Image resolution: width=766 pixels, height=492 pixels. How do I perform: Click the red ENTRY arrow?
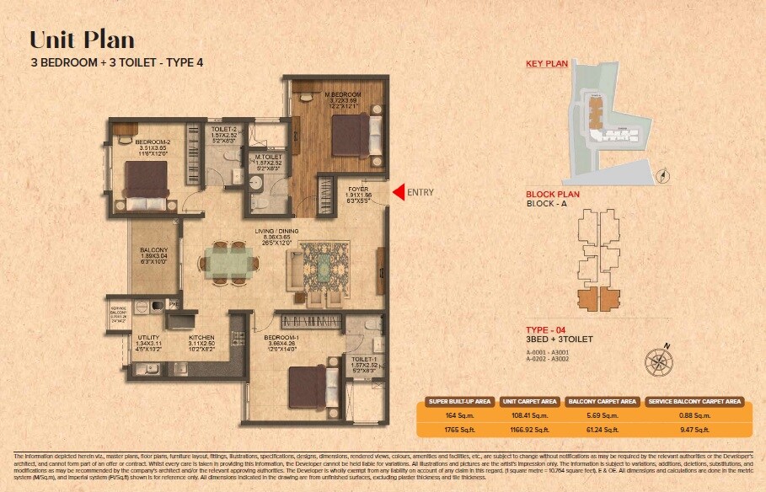tap(398, 192)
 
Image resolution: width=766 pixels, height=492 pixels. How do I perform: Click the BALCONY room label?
tap(153, 250)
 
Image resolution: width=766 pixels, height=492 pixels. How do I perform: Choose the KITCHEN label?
tap(201, 337)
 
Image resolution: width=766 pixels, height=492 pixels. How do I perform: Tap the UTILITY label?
tap(148, 337)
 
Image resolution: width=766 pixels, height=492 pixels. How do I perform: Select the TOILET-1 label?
tap(364, 359)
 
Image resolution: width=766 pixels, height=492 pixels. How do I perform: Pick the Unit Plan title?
tap(82, 40)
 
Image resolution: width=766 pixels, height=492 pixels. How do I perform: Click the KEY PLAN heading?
tap(545, 64)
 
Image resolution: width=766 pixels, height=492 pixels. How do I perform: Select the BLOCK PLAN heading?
tap(552, 194)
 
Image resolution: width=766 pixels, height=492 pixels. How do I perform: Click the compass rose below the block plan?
tap(658, 361)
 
